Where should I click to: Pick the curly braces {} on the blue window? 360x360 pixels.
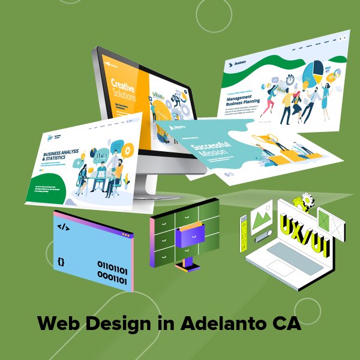[61, 262]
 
